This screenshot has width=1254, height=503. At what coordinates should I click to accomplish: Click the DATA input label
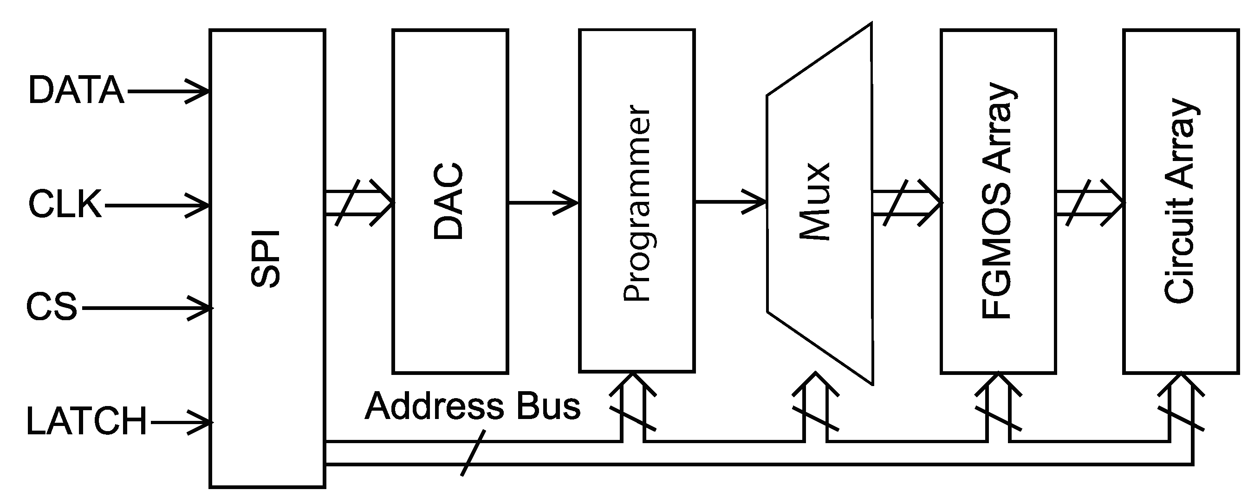point(77,90)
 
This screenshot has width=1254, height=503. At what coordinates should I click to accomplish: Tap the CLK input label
point(65,205)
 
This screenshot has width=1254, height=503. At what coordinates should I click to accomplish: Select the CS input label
point(51,307)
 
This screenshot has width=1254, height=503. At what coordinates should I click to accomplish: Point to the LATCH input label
point(86,421)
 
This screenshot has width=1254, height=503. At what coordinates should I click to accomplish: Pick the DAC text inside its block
point(448,201)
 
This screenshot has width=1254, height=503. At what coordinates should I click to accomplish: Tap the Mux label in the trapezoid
point(815,201)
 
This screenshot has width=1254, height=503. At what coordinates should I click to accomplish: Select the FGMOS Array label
point(998,201)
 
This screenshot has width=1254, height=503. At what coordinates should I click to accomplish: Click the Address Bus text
point(473,406)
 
